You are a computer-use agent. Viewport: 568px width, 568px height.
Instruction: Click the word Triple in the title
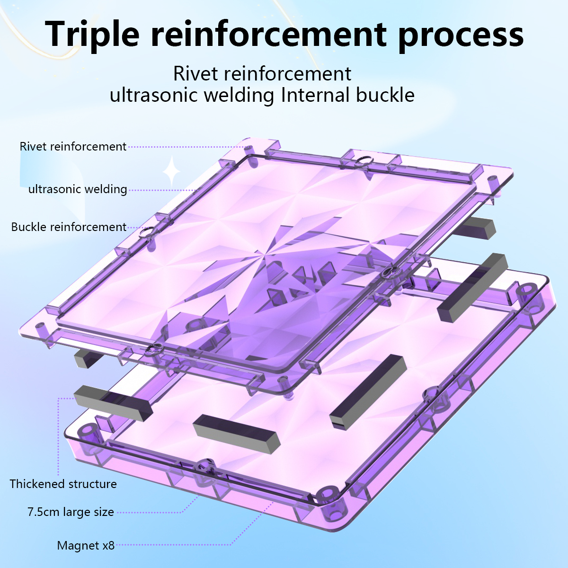[92, 34]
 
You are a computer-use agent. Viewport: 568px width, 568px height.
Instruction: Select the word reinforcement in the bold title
[269, 34]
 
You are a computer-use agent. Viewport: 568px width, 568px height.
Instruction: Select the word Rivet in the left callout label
[33, 147]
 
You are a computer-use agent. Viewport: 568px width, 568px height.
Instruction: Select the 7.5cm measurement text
[44, 512]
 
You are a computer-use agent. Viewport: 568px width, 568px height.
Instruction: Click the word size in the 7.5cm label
[102, 512]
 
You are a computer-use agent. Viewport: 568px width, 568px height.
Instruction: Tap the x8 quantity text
[108, 546]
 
